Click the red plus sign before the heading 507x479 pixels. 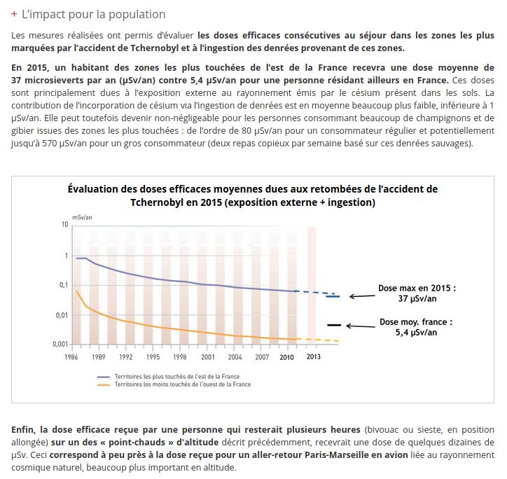14,14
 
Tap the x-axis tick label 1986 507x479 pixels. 71,357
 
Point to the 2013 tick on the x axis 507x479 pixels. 313,356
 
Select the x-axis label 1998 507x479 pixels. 179,357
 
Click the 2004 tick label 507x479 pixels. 235,357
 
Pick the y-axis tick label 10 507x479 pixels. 65,224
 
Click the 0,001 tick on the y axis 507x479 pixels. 60,344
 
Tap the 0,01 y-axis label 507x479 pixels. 62,315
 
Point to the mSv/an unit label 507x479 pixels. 82,217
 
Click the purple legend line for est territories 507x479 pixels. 104,377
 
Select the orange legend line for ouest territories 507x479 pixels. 104,384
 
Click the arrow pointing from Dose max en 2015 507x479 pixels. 362,296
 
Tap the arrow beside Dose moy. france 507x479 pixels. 361,326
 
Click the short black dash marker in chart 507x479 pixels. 334,325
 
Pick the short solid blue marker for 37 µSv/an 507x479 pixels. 333,296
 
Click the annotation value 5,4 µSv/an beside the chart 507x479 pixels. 416,333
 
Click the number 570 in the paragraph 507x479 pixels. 49,143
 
